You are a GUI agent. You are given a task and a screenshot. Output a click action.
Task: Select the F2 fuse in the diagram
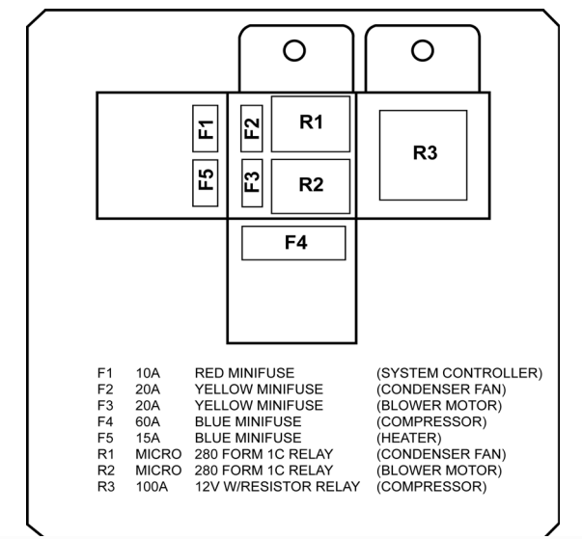[251, 127]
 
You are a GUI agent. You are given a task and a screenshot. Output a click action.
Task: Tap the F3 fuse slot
[251, 180]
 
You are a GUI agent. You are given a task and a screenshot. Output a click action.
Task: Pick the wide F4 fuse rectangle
[293, 243]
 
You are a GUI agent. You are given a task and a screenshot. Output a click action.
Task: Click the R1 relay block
[310, 123]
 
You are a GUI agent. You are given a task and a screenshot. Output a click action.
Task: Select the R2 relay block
[310, 185]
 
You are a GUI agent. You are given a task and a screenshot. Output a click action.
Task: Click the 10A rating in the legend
[148, 372]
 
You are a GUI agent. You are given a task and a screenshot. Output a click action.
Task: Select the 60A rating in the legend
[148, 421]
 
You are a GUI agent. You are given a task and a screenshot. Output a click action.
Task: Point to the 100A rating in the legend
[152, 487]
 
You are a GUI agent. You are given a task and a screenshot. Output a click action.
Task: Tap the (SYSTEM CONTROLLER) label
[459, 372]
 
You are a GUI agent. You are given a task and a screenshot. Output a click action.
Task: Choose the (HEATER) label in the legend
[408, 438]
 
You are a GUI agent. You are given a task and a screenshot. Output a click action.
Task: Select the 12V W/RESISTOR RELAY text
[277, 487]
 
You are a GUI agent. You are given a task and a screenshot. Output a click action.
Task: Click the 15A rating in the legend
[148, 438]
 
